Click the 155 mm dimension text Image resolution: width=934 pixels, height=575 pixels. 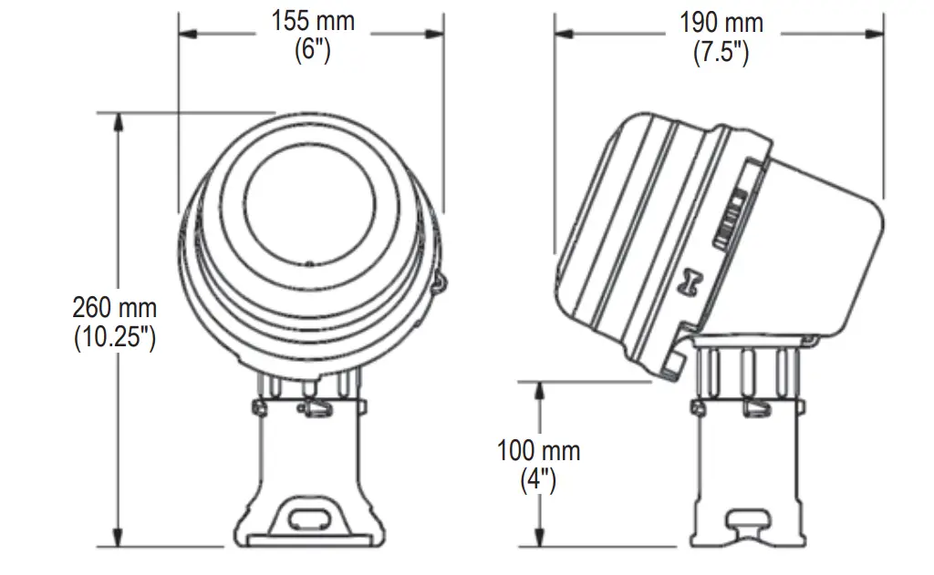point(313,21)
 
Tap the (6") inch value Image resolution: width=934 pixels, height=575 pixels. point(312,49)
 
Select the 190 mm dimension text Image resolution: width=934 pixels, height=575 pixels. point(721,22)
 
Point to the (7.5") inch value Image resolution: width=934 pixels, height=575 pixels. point(721,52)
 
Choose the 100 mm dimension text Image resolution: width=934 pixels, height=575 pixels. point(538,450)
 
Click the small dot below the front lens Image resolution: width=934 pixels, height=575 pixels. point(309,265)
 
